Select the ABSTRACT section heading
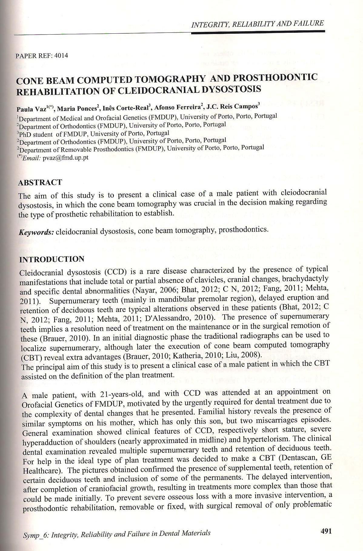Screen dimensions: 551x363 tap(40, 183)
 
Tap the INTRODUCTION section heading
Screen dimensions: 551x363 tap(52, 259)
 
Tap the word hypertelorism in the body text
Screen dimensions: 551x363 tap(307, 439)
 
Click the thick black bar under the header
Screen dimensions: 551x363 tap(258, 31)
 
